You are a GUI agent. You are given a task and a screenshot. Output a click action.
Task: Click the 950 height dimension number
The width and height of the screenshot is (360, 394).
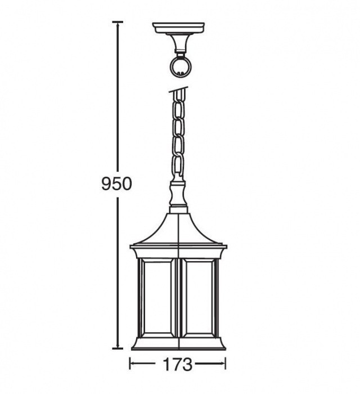[x=116, y=183]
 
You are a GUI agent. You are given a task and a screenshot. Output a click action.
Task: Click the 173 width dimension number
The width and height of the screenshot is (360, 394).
[x=178, y=364]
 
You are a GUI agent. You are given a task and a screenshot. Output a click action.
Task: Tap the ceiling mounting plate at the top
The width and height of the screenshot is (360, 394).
[x=178, y=28]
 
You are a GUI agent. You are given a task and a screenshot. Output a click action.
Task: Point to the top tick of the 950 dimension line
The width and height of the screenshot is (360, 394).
[x=117, y=22]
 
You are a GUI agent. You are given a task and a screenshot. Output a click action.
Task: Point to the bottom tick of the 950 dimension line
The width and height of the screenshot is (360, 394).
[x=117, y=348]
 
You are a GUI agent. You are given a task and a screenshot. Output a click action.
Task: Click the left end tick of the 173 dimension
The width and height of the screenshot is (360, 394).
[x=130, y=364]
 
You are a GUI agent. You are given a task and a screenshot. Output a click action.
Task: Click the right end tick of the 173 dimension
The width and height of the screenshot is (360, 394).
[x=226, y=364]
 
